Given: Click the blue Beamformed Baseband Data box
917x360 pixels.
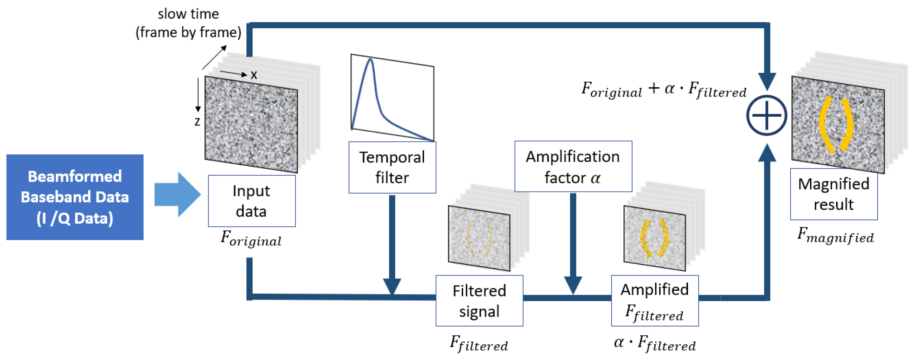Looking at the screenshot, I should (x=75, y=197).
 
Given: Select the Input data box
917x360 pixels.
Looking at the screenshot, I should (x=251, y=201).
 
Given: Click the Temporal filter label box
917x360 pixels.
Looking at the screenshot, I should (x=392, y=167).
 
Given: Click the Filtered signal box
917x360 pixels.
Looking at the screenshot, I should (x=479, y=301).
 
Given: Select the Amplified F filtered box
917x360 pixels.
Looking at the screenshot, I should (x=654, y=301).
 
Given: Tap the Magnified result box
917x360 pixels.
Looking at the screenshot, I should (x=833, y=194).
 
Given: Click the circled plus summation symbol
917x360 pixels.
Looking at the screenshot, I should (x=766, y=115).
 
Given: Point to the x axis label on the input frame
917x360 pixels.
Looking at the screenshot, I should (x=254, y=75).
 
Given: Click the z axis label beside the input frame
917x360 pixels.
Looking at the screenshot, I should (x=197, y=122).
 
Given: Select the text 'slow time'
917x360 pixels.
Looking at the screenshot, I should (x=188, y=14).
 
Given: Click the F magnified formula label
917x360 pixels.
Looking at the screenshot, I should (x=835, y=235).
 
